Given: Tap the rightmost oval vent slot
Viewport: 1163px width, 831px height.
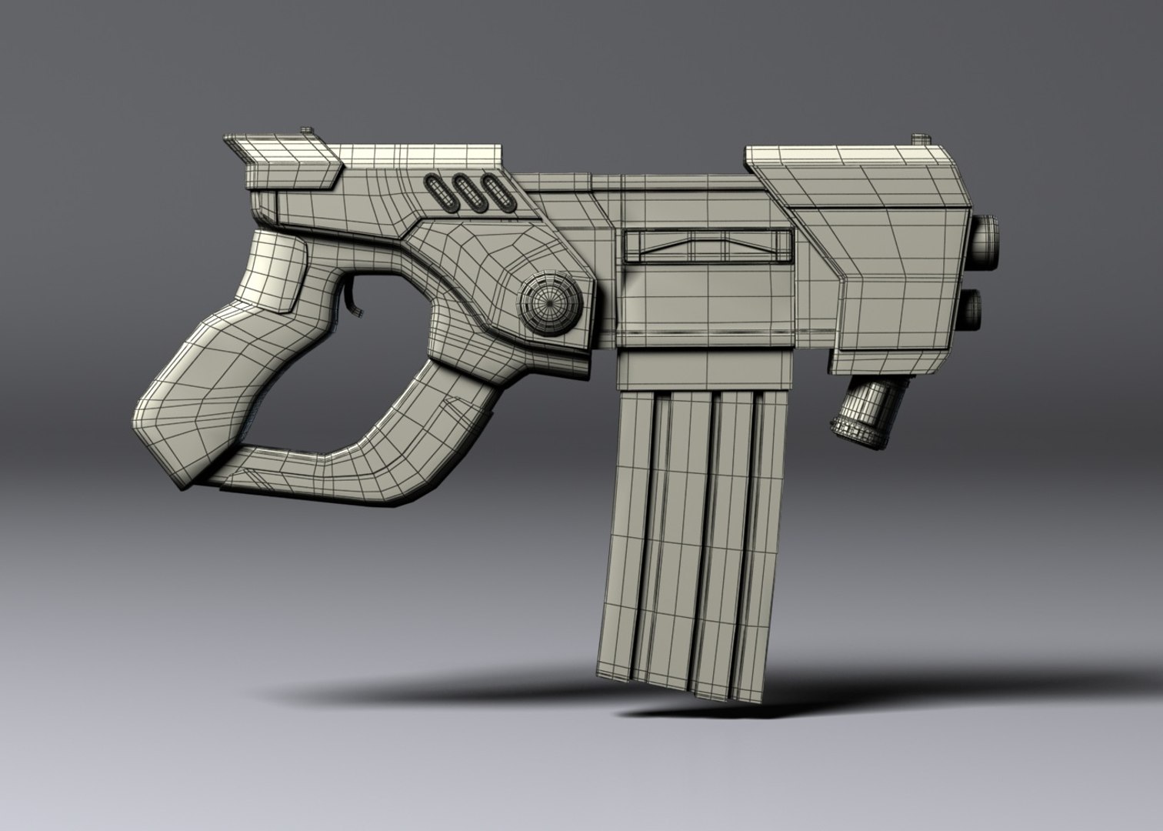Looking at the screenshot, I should coord(493,194).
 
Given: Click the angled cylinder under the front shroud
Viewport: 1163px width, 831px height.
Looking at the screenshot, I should coord(855,416).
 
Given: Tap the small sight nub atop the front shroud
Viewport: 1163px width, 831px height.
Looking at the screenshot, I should coord(921,140).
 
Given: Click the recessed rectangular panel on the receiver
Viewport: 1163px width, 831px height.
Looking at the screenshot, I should coord(708,245).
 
